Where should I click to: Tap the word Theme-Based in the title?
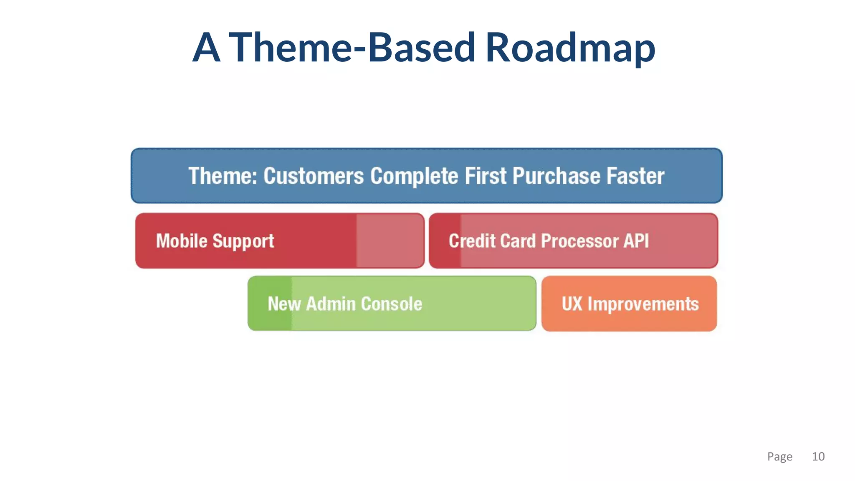[x=352, y=48]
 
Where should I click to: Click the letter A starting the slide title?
[x=206, y=48]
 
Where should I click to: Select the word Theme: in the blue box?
[x=223, y=176]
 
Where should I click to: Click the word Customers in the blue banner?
[x=314, y=176]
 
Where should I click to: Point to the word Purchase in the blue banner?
[x=556, y=176]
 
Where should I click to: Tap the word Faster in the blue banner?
[x=635, y=176]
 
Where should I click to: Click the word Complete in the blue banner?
[x=414, y=176]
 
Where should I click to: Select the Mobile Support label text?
[x=215, y=241]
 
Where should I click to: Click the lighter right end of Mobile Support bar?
[x=390, y=241]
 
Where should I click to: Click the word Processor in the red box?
[x=580, y=241]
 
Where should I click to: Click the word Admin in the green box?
[x=330, y=304]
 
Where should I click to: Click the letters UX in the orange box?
[x=572, y=304]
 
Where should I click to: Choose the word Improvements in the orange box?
[x=643, y=304]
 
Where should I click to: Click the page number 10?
[x=818, y=456]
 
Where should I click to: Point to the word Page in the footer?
[x=779, y=456]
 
